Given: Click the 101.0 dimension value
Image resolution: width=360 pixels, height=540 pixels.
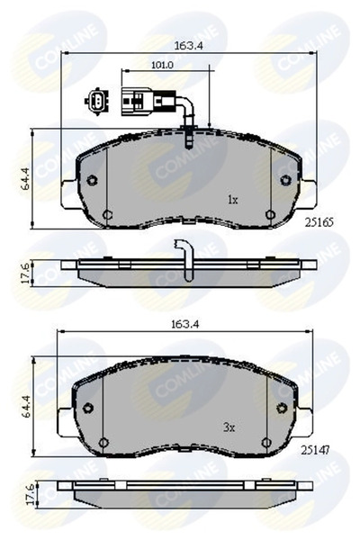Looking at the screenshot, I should [x=137, y=65].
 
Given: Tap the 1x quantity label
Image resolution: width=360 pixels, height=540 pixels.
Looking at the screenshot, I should [x=231, y=200].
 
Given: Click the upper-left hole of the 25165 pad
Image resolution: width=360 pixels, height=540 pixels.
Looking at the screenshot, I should [x=92, y=178].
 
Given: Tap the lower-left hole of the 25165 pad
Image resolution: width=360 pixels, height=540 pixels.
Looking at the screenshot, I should [x=108, y=215].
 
